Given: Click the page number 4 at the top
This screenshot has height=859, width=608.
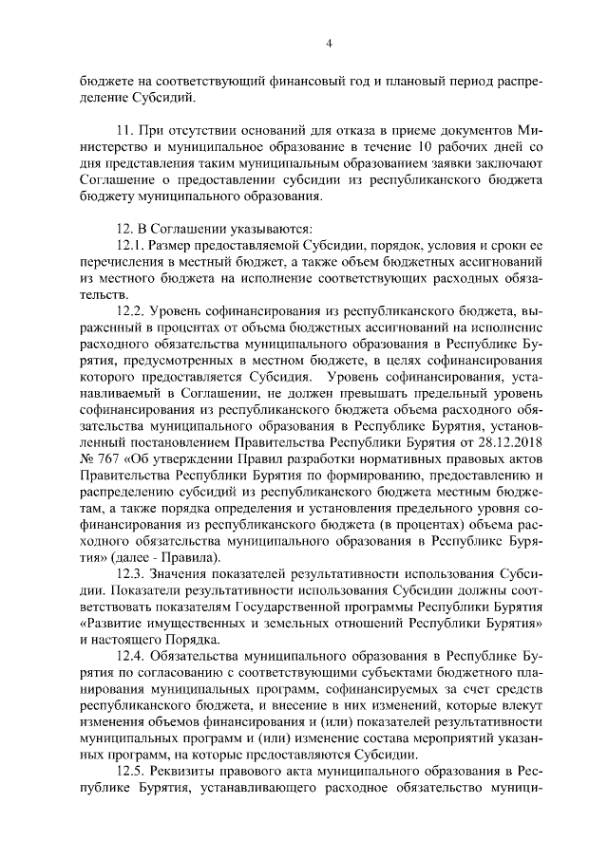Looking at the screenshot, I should (x=329, y=43).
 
